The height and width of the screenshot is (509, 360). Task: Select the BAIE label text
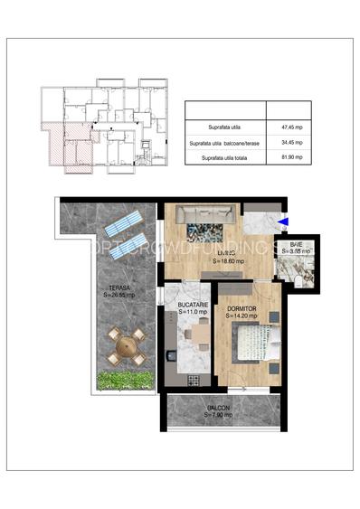[296, 245]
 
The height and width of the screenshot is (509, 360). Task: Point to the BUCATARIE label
[193, 305]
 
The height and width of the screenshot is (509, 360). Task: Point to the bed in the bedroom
[250, 344]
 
